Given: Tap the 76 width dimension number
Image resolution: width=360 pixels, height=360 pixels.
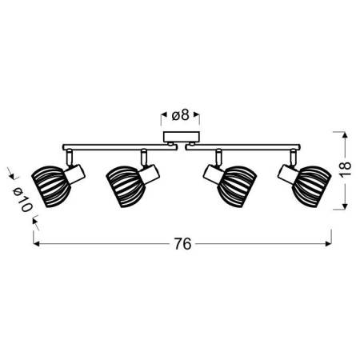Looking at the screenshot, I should point(183,245).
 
